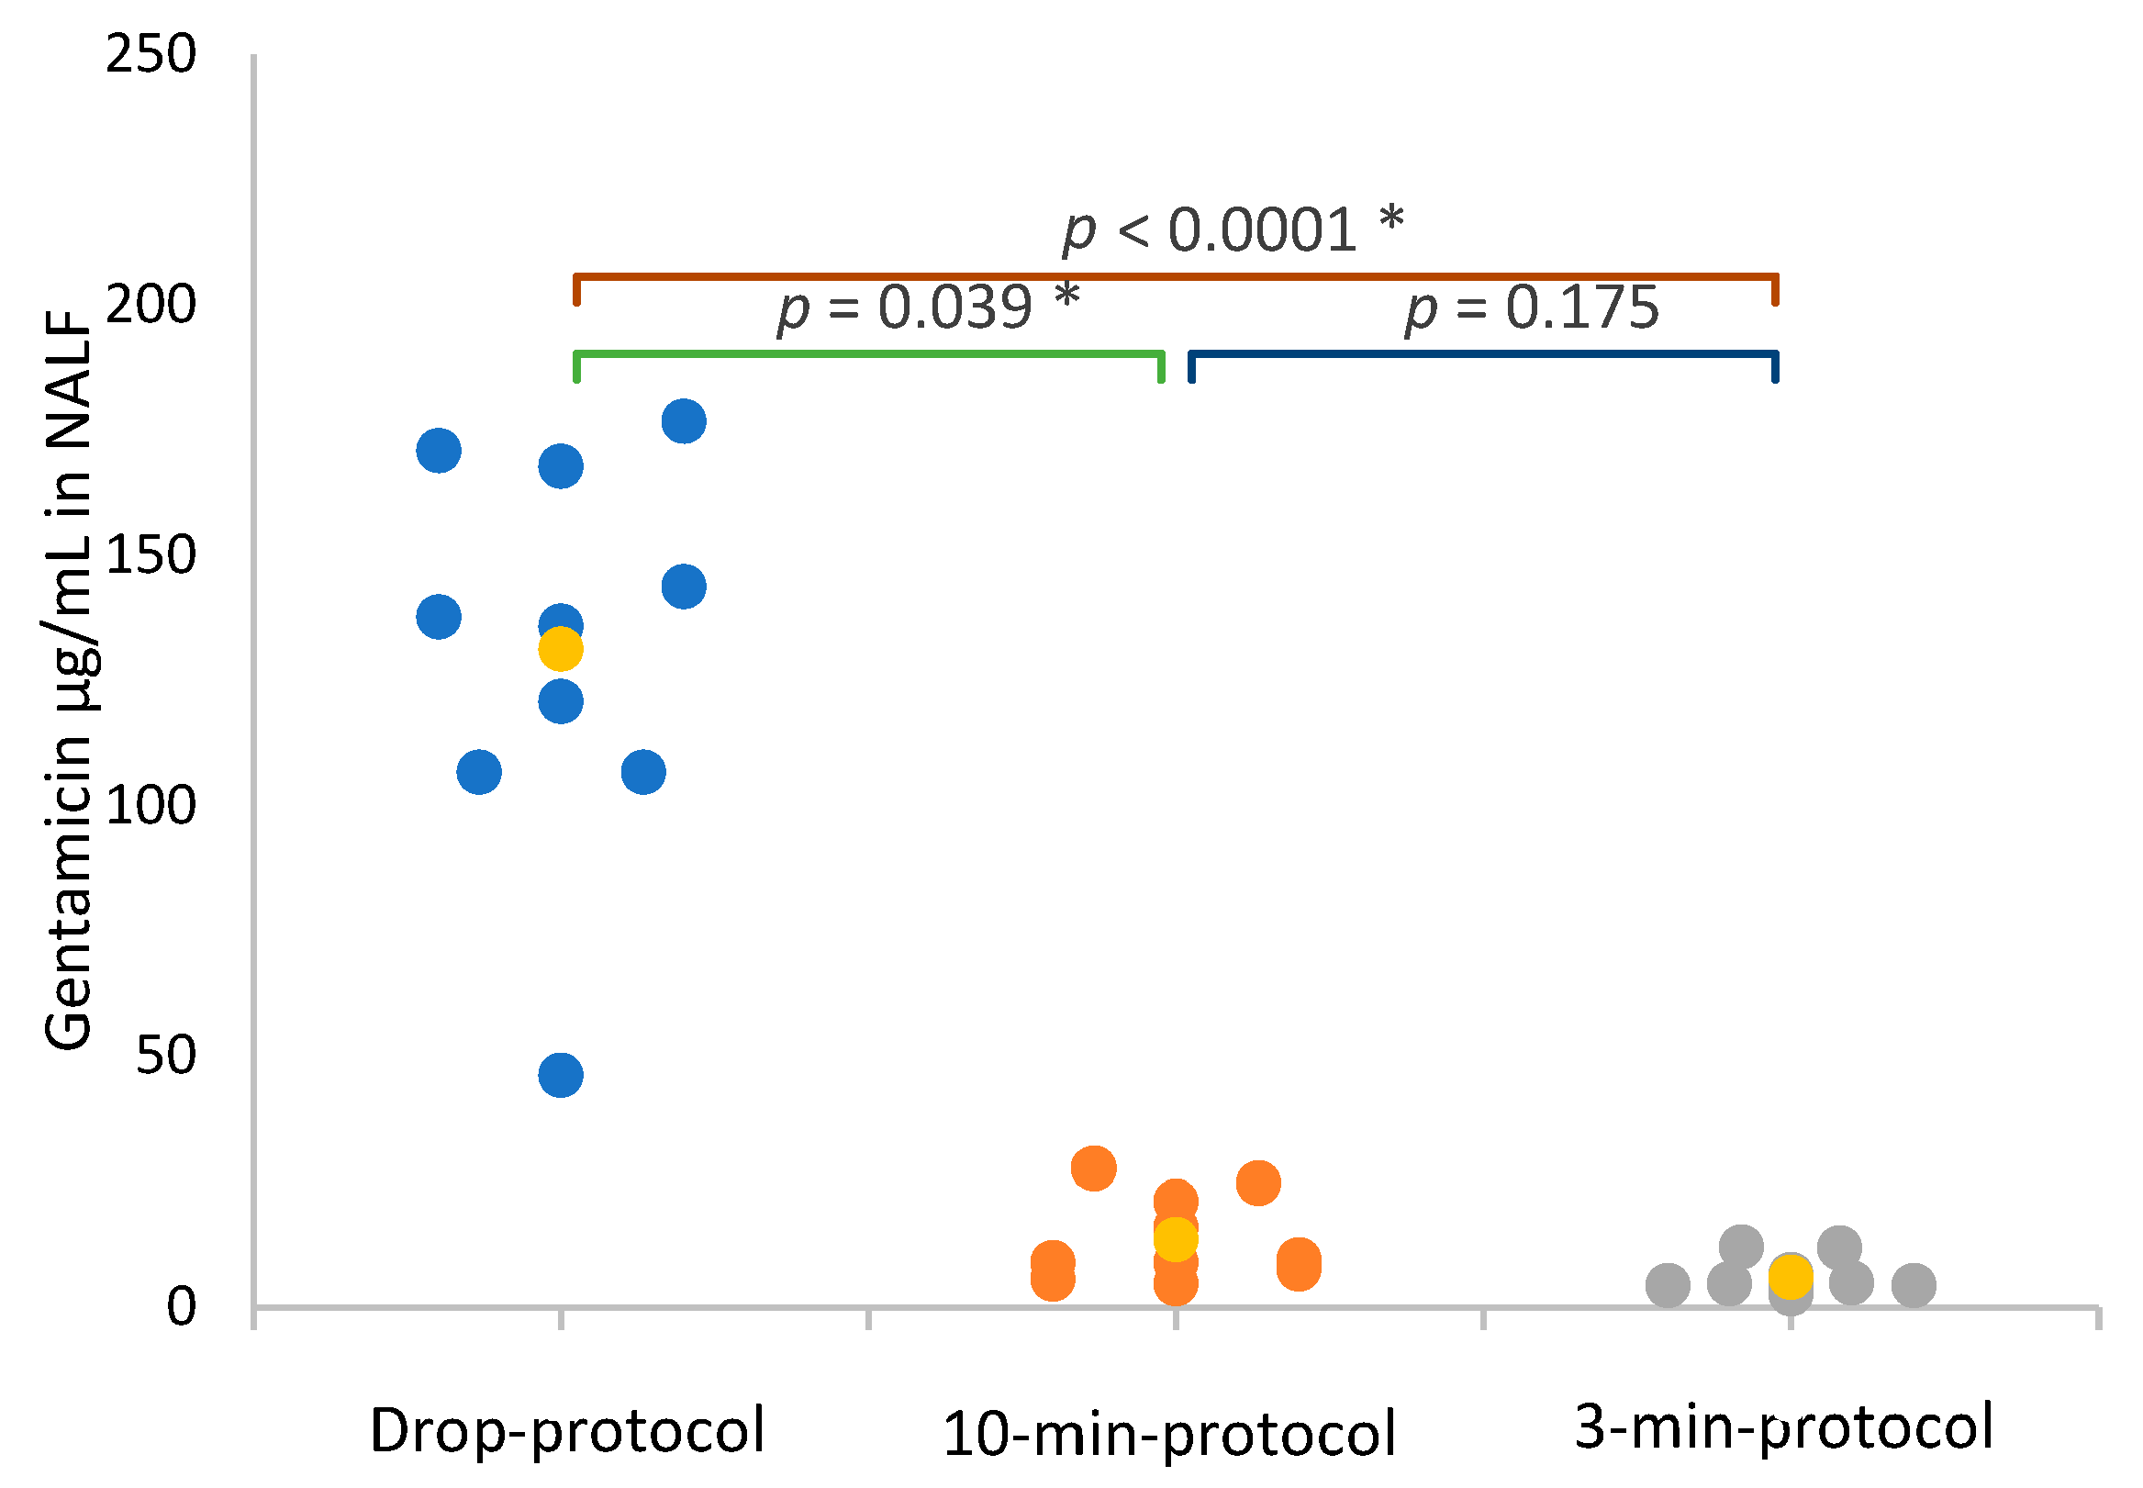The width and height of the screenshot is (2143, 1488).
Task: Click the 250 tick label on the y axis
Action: click(151, 54)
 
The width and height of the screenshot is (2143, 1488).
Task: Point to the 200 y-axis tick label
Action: click(151, 304)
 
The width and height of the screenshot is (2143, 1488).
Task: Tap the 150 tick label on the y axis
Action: click(151, 554)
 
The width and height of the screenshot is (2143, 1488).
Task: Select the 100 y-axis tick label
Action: click(151, 805)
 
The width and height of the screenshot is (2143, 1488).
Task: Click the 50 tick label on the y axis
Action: click(166, 1056)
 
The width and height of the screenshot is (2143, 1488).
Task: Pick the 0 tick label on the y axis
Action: click(182, 1306)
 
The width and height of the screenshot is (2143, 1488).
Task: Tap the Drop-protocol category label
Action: click(567, 1430)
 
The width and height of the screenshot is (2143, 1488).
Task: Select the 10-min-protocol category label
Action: click(1169, 1434)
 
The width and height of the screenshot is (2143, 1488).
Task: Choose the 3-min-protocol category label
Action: click(1783, 1426)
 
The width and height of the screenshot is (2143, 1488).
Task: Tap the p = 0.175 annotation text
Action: click(1533, 307)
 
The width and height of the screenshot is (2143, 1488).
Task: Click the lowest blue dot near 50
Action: click(560, 1075)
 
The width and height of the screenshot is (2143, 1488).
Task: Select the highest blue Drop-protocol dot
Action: click(683, 421)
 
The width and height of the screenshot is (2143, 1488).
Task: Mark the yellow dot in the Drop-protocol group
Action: click(560, 649)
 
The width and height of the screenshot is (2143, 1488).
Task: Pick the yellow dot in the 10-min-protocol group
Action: click(1176, 1239)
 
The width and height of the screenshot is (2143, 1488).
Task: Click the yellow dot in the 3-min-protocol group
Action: click(1790, 1276)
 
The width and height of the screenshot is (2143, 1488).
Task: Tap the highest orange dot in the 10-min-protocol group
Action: click(1093, 1169)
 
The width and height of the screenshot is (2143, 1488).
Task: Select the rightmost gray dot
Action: click(1914, 1285)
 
